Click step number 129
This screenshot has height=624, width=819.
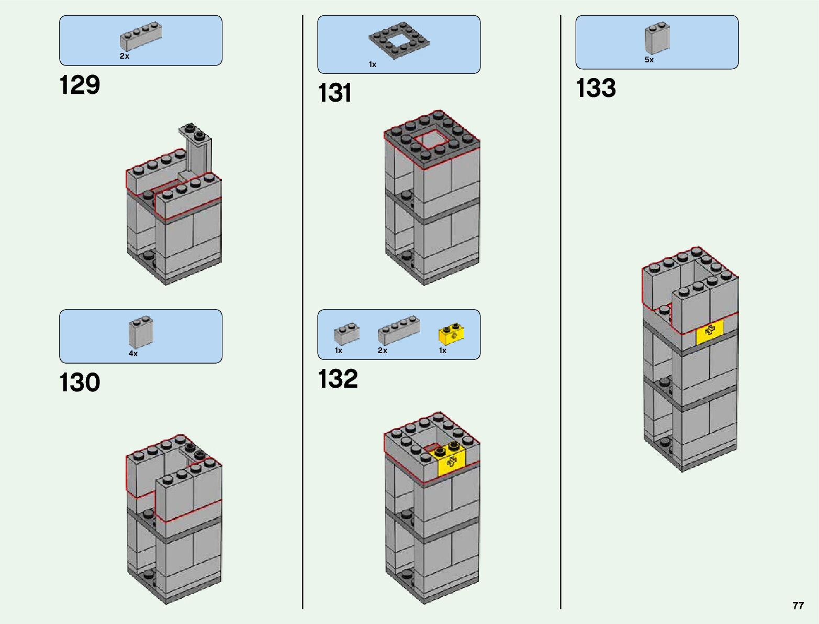[80, 84]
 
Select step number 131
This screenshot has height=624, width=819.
[335, 93]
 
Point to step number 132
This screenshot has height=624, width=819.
[338, 378]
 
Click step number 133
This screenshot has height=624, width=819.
[596, 87]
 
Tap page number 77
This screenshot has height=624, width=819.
[798, 605]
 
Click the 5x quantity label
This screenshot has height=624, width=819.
[649, 60]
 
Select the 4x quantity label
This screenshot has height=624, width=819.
[133, 354]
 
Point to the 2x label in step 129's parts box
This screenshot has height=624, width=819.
[125, 56]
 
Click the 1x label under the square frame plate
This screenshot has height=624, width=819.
[373, 64]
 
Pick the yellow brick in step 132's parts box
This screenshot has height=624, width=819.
[451, 334]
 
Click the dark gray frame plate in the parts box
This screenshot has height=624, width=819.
[399, 40]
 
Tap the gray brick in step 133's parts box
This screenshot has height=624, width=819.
[657, 38]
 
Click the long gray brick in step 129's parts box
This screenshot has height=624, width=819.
[141, 37]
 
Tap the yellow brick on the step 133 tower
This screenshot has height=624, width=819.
[710, 331]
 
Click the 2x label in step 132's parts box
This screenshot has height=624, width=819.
[383, 351]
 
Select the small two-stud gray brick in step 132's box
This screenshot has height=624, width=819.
[347, 334]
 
